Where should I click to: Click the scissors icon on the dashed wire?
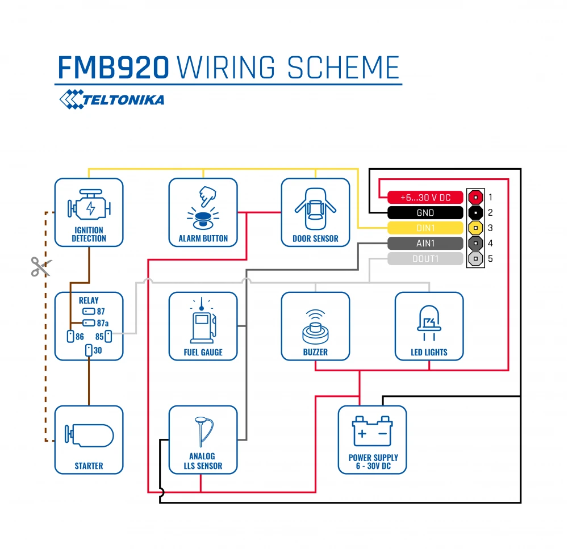(x=40, y=266)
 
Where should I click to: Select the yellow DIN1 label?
(x=425, y=228)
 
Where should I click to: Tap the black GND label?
(x=425, y=213)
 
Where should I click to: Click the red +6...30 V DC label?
(x=425, y=198)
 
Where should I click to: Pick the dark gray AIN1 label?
(x=425, y=244)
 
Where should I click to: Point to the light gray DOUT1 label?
(x=425, y=259)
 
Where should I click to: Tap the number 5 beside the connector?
(x=491, y=259)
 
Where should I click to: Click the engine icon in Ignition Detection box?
(x=89, y=207)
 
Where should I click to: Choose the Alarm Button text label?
(x=203, y=238)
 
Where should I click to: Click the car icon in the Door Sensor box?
(x=315, y=208)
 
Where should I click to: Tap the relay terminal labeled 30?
(x=89, y=350)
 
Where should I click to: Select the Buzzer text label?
(x=315, y=352)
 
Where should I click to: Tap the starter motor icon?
(x=89, y=436)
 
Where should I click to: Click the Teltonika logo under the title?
(x=112, y=100)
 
